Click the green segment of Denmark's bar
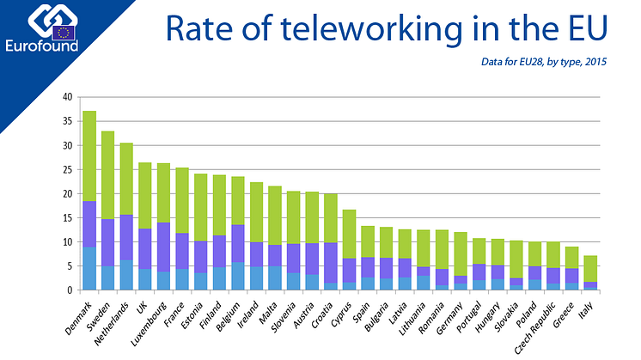coord(89,156)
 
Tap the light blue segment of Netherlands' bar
coord(126,275)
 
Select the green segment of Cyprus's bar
coord(349,234)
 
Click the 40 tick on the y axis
coord(68,97)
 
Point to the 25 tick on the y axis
coord(68,170)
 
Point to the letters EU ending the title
coord(586,30)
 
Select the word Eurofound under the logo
coord(41,45)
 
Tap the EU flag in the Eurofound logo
coord(62,32)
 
